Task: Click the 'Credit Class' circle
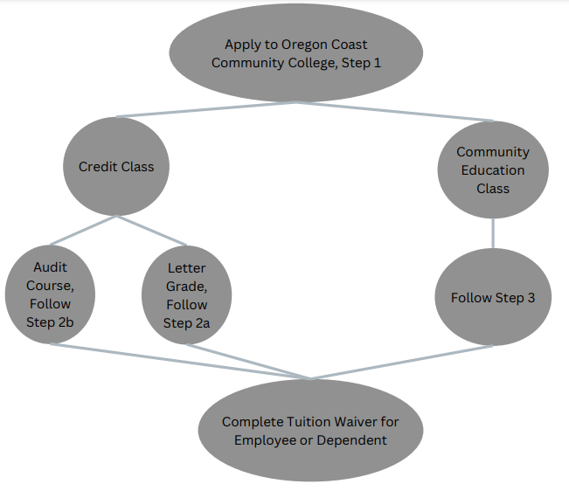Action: click(x=116, y=167)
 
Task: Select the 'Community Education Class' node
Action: click(x=493, y=169)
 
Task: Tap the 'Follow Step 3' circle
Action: click(x=493, y=297)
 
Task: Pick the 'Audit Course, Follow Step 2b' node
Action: click(x=50, y=294)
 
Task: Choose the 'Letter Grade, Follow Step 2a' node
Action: click(x=186, y=294)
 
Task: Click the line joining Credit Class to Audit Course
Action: click(x=83, y=231)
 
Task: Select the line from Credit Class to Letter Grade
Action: click(x=151, y=231)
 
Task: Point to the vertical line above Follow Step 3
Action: click(x=493, y=233)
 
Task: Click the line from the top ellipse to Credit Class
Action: click(x=206, y=109)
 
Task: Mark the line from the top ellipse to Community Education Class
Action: click(x=394, y=111)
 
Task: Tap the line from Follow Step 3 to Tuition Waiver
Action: click(x=402, y=362)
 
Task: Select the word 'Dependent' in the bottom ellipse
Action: click(x=351, y=440)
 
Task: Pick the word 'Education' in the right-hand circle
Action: click(x=493, y=170)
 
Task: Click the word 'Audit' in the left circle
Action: click(x=50, y=267)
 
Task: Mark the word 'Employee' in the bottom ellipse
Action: click(x=265, y=440)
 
